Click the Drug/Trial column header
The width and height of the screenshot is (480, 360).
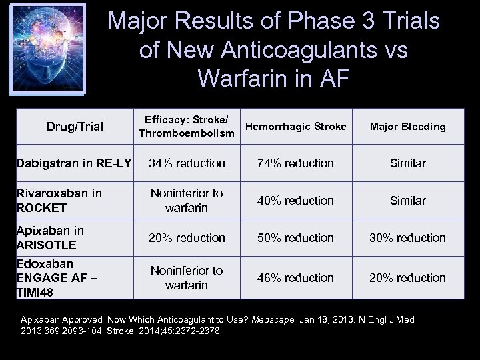[75, 127]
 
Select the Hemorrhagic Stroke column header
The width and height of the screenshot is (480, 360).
[295, 126]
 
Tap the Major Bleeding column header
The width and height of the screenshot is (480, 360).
[408, 127]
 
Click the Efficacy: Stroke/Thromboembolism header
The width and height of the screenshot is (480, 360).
[186, 127]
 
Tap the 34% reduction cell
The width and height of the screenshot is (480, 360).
[186, 163]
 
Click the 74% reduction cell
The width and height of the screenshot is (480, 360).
[295, 163]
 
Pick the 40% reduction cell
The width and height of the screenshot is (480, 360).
[295, 200]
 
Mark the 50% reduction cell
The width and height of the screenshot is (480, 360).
[295, 237]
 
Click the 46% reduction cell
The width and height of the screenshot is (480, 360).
[295, 277]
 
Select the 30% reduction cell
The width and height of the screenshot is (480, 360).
[408, 237]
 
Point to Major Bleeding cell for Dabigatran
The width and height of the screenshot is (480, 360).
[408, 163]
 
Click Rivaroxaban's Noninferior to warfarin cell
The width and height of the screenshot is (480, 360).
[186, 200]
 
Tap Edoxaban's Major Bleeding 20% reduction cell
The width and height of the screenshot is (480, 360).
[408, 277]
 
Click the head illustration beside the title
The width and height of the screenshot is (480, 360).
[45, 48]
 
